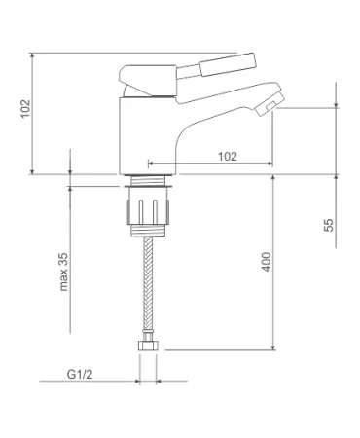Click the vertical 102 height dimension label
click(25, 109)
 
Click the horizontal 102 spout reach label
click(228, 157)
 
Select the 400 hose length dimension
click(266, 262)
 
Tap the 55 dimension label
click(329, 225)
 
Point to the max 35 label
click(63, 272)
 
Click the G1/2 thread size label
click(80, 374)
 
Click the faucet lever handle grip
click(228, 64)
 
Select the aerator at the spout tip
click(270, 104)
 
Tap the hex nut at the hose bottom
click(148, 346)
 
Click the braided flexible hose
click(148, 284)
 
